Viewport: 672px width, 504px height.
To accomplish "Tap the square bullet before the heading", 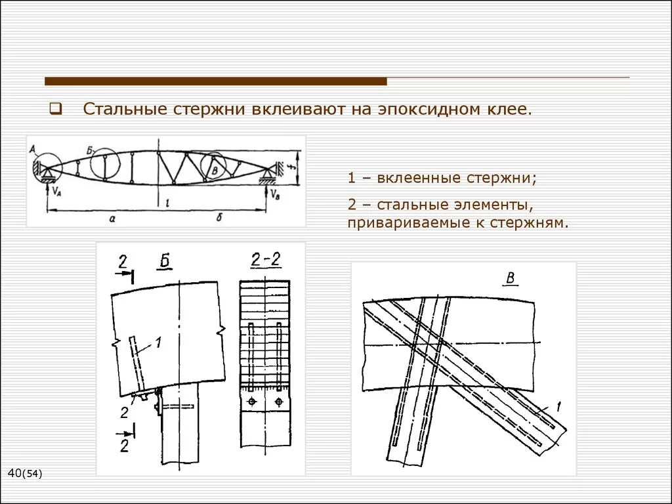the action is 56,109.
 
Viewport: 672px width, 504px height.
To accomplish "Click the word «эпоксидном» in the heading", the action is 426,109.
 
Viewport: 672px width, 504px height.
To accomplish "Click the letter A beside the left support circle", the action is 33,150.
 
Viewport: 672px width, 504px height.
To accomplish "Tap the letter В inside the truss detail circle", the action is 215,170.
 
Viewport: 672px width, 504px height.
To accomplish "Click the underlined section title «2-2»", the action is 266,260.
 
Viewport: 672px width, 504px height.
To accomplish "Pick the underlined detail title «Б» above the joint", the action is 164,262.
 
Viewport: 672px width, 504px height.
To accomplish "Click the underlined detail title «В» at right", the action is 509,278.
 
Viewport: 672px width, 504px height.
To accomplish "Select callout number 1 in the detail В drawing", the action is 558,408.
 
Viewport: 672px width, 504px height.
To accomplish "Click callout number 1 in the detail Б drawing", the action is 157,340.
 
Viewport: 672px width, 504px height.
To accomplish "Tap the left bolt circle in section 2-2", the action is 251,401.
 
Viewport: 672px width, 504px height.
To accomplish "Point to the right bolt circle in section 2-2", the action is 279,401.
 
